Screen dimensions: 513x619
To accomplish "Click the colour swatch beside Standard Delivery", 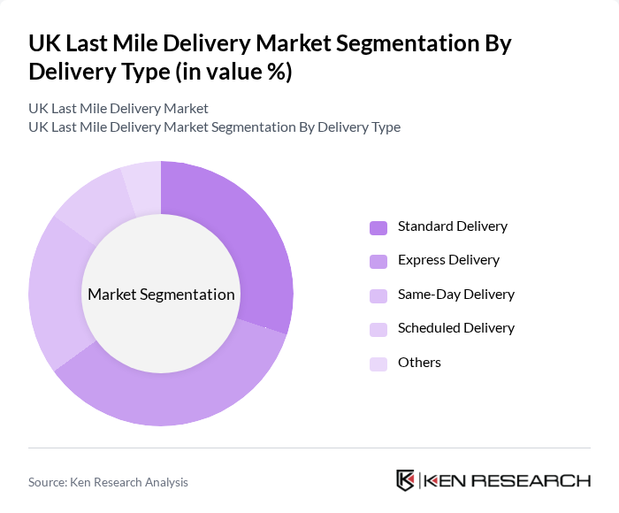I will click(x=378, y=227).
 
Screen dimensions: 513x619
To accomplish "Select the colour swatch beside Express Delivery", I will click(x=378, y=261).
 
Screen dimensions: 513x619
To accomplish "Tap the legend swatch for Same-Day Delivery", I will click(x=378, y=295).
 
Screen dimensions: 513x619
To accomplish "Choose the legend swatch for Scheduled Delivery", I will click(x=378, y=329).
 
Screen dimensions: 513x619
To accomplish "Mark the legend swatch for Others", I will click(x=378, y=364).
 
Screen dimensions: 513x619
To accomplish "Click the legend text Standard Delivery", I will click(x=452, y=226).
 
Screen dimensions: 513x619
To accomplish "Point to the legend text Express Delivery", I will click(x=448, y=260).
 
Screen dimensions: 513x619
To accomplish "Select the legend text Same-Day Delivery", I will click(x=455, y=295).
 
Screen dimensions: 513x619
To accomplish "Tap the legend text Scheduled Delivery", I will click(x=455, y=328).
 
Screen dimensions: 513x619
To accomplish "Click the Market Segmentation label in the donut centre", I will click(x=161, y=295).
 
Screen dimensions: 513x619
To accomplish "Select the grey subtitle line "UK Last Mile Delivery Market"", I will click(x=118, y=108).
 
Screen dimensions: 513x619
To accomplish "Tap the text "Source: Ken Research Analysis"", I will click(x=108, y=482).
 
